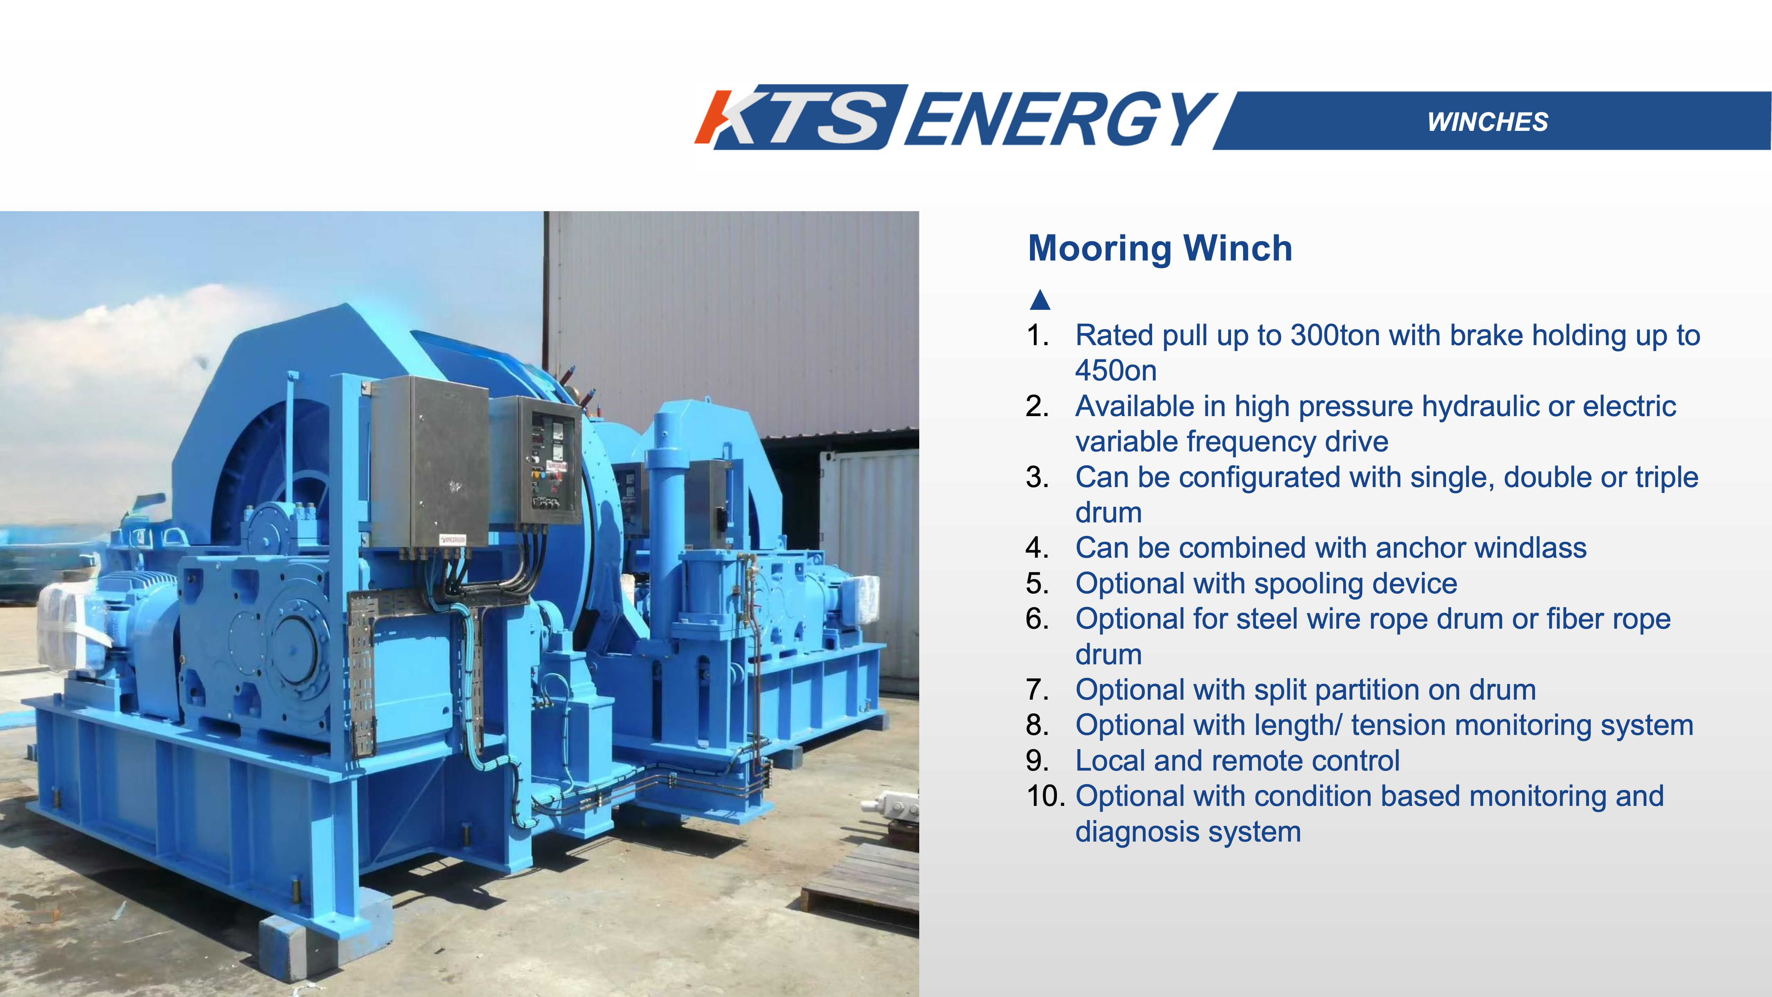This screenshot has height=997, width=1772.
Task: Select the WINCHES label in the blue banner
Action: tap(1487, 122)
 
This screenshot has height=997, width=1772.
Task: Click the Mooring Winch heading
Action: tap(1160, 249)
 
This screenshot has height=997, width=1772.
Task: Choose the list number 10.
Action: tap(1046, 796)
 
